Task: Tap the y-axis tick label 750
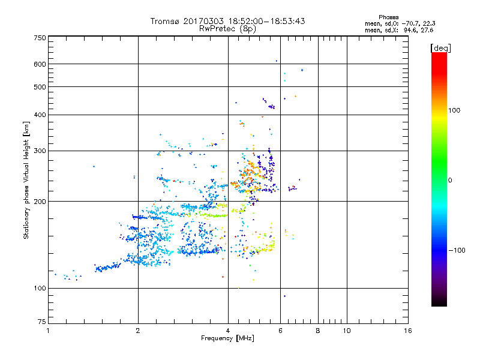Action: (x=40, y=38)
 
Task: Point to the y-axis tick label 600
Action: (x=40, y=64)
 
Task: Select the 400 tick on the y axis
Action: (x=40, y=115)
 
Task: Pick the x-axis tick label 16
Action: (x=407, y=331)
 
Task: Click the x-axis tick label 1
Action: (x=49, y=331)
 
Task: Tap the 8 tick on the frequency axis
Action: (x=318, y=331)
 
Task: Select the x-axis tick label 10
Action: (x=346, y=331)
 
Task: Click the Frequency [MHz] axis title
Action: (x=227, y=338)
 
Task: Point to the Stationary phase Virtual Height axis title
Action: (x=26, y=180)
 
